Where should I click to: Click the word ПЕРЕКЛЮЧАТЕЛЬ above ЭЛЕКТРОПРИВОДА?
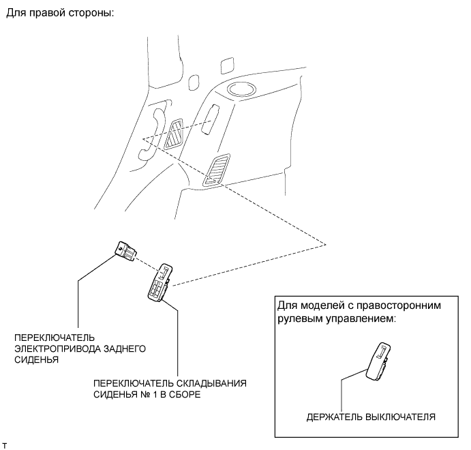[x=55, y=337]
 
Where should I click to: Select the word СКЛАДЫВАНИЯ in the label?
[x=211, y=383]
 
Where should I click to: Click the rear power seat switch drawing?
[x=126, y=251]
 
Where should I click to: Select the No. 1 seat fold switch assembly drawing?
[x=159, y=282]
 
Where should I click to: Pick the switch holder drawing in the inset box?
[x=378, y=361]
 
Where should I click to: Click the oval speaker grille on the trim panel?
[x=241, y=89]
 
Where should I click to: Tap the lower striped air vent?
[x=216, y=169]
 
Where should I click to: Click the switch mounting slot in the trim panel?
[x=210, y=119]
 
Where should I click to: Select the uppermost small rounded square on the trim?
[x=227, y=65]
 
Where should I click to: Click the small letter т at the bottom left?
[x=4, y=446]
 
